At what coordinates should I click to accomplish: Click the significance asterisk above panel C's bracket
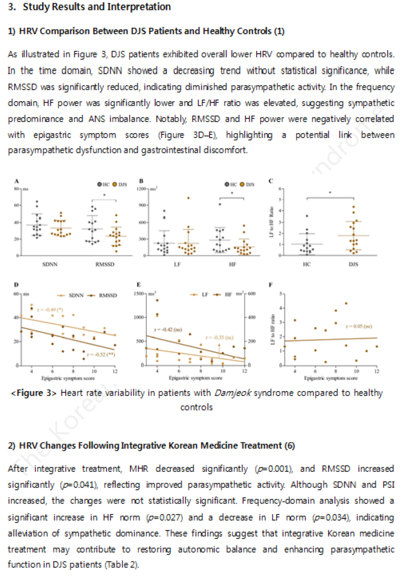click(x=330, y=193)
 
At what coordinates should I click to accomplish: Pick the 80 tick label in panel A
click(x=16, y=189)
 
